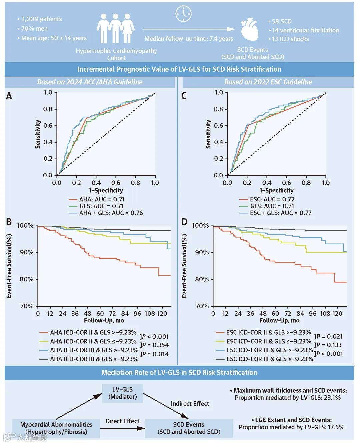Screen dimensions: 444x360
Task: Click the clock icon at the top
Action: click(x=183, y=14)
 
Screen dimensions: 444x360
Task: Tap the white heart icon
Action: click(x=250, y=29)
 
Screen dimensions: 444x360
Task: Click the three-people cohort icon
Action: click(x=115, y=28)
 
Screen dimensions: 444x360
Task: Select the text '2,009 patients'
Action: click(x=41, y=19)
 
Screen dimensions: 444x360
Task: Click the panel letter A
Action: click(x=9, y=96)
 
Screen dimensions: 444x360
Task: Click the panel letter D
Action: click(x=184, y=222)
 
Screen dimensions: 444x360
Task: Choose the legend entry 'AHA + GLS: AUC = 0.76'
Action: click(x=111, y=213)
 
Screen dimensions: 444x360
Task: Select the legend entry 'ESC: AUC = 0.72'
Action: click(x=272, y=199)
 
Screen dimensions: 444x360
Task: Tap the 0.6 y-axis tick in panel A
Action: click(x=48, y=125)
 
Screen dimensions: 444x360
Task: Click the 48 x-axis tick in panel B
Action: click(x=87, y=313)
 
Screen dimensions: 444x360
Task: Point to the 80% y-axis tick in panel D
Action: click(x=202, y=279)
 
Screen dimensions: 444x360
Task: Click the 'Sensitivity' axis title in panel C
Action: click(x=208, y=134)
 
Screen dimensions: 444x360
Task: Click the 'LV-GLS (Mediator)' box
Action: click(x=122, y=393)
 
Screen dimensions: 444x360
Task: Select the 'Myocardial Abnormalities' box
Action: click(x=56, y=428)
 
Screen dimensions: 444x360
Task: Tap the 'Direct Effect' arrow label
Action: click(x=122, y=421)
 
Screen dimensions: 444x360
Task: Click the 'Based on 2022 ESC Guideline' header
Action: click(x=268, y=82)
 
